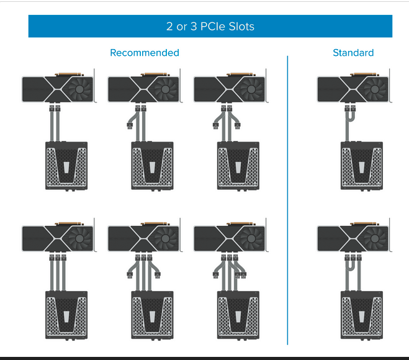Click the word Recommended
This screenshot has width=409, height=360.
(x=145, y=53)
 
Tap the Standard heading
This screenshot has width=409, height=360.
(x=353, y=53)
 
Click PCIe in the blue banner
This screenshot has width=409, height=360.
(x=213, y=26)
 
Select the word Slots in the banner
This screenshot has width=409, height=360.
(x=241, y=26)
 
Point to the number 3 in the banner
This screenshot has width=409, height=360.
(x=194, y=26)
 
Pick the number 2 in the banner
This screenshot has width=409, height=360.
(x=169, y=26)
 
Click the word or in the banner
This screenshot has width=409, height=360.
(x=182, y=27)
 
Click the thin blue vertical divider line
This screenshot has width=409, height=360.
(x=287, y=200)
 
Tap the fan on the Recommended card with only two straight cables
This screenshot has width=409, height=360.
(x=79, y=89)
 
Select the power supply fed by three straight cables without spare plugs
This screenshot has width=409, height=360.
(x=66, y=315)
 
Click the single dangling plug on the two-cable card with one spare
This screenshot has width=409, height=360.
(x=130, y=126)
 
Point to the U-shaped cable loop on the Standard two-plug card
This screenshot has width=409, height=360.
(x=351, y=116)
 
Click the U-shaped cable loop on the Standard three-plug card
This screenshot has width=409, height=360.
(x=350, y=266)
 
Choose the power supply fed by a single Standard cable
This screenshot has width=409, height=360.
(x=362, y=166)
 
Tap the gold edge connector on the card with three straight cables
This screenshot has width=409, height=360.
(x=70, y=223)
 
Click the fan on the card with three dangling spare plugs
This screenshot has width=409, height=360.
(x=251, y=238)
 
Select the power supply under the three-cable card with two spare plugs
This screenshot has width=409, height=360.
(x=152, y=315)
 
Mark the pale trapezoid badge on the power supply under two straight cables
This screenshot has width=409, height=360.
(x=66, y=167)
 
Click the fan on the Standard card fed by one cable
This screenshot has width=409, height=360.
(x=375, y=89)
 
